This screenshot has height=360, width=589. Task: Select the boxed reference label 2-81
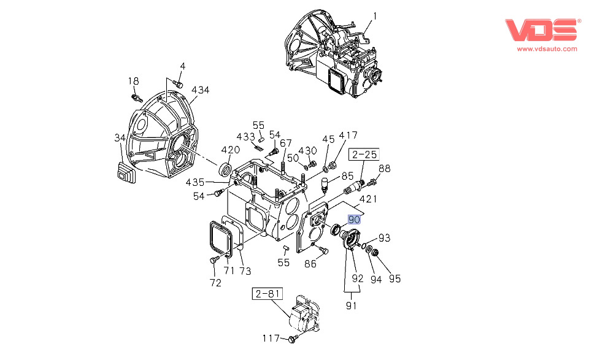[267, 294]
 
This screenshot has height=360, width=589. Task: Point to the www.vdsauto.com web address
[547, 48]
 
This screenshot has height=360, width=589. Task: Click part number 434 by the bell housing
[200, 90]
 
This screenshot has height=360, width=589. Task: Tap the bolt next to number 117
[293, 339]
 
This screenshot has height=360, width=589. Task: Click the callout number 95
[395, 278]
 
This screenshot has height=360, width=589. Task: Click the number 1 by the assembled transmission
[375, 15]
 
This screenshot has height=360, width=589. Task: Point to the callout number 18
[134, 81]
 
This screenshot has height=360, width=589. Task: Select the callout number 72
[215, 283]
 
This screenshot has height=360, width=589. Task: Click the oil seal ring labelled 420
[226, 169]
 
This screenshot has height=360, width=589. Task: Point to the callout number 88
[384, 169]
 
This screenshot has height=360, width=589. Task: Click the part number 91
[352, 304]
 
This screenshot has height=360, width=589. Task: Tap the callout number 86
[310, 264]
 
